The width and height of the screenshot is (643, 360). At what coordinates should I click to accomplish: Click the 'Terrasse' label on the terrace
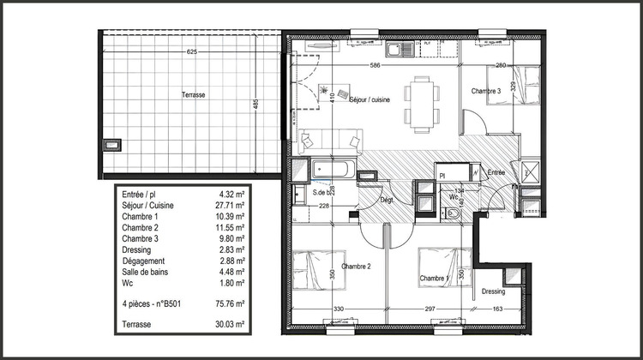pos(193,95)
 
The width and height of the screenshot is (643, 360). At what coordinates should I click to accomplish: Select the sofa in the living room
pos(329,139)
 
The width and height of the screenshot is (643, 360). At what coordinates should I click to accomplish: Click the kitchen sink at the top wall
pos(399,51)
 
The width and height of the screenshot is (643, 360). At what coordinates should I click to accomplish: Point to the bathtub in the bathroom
pos(331,170)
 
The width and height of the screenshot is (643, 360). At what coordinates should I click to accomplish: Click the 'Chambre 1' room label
pos(436,279)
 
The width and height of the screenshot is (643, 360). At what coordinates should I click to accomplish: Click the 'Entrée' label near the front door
pos(496,172)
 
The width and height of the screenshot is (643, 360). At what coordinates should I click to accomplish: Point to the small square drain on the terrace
pos(111,144)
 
